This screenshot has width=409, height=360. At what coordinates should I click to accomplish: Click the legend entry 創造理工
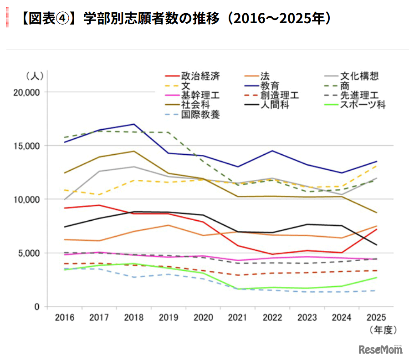tap(279, 95)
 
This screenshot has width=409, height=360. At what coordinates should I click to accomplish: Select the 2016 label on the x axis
tap(65, 317)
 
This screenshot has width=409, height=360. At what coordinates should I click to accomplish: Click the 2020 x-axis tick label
tap(203, 317)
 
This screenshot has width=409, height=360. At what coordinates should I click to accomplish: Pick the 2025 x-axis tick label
tap(376, 317)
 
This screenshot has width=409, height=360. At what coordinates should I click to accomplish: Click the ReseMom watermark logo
tap(380, 349)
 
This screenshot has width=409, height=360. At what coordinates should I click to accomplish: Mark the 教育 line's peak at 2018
tap(134, 124)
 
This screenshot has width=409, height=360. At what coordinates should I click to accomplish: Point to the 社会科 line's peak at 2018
tap(134, 151)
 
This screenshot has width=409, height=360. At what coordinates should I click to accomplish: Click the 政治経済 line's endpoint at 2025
tap(376, 229)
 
